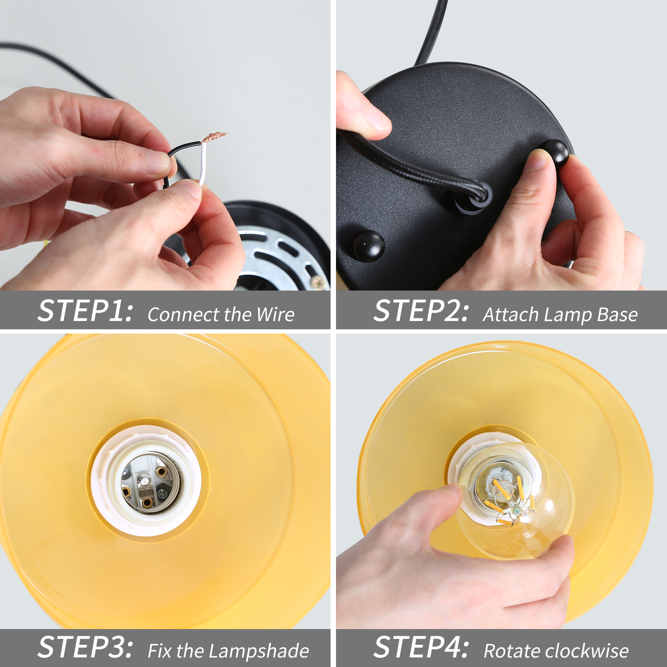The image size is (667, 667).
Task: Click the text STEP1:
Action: pos(85,311)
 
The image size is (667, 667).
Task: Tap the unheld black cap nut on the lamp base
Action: pos(369,245)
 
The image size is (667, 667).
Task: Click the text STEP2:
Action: pos(421,311)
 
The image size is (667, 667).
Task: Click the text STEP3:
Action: pos(85,647)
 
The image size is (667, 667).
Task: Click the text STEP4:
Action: pos(421,647)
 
